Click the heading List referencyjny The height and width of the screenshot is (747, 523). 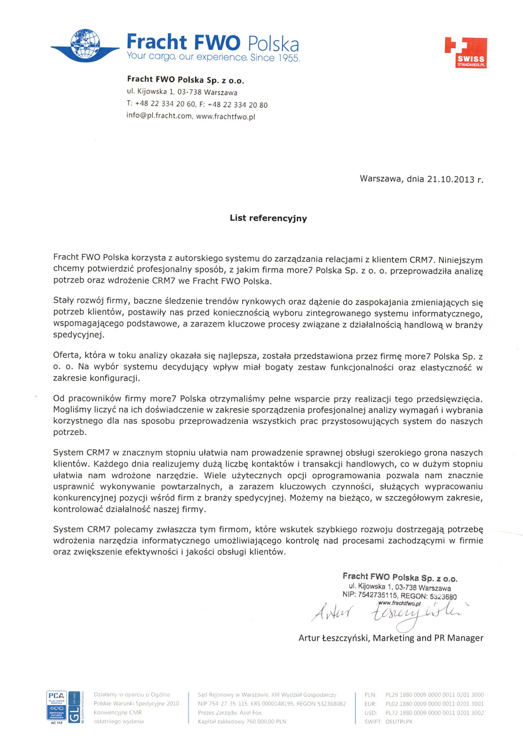coord(268,218)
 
